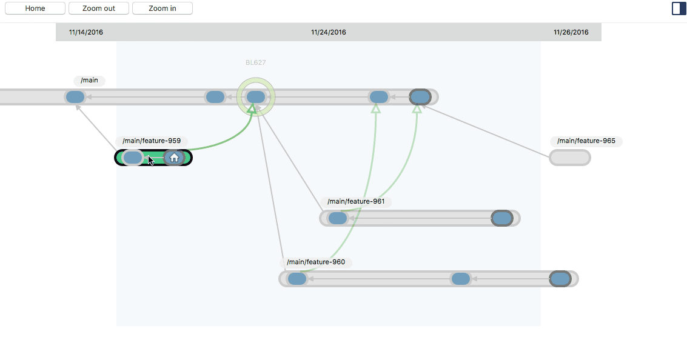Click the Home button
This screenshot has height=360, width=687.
click(x=35, y=8)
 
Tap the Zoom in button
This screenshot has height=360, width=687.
click(x=162, y=8)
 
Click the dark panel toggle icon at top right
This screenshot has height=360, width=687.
click(x=679, y=8)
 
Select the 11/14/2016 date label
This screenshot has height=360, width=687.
click(x=86, y=32)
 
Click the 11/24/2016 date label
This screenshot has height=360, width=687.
click(x=329, y=32)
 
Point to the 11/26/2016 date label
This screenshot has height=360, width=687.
click(x=571, y=32)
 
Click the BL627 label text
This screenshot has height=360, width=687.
click(x=255, y=62)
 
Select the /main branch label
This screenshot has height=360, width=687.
click(x=89, y=81)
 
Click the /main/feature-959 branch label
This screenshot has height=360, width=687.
click(x=152, y=141)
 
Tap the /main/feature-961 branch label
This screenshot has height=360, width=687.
click(x=356, y=202)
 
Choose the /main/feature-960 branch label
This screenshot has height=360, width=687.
click(x=316, y=262)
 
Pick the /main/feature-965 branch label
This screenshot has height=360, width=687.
click(x=586, y=141)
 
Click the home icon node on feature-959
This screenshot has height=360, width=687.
click(x=174, y=158)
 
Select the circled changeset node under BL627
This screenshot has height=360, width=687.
click(x=256, y=97)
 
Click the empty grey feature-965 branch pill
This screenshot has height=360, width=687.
click(x=569, y=158)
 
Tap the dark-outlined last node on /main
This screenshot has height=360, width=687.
click(x=420, y=97)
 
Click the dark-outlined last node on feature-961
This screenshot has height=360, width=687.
click(x=501, y=218)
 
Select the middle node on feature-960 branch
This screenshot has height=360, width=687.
click(x=461, y=279)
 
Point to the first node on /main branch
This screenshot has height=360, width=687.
click(x=75, y=97)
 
